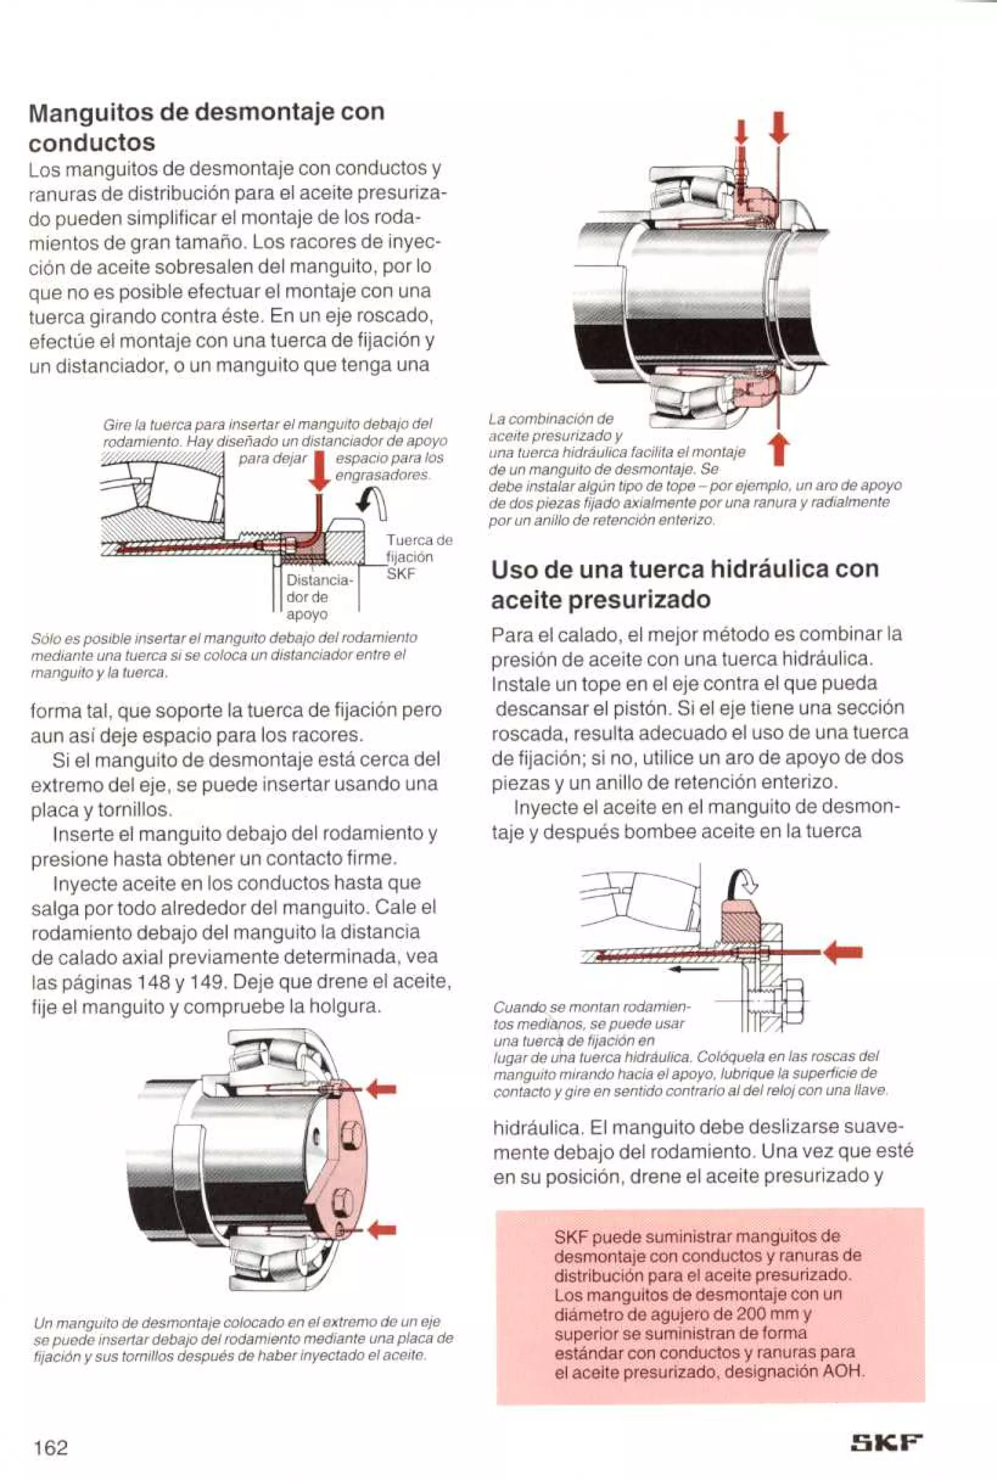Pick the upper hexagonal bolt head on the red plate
(351, 1134)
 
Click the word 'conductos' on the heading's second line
(92, 143)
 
